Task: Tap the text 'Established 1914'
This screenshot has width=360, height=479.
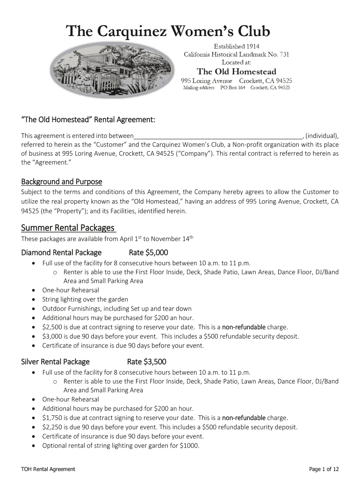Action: click(x=237, y=46)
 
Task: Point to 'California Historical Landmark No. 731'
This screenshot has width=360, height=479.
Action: click(x=237, y=54)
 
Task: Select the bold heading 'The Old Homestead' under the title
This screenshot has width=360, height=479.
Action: click(x=237, y=72)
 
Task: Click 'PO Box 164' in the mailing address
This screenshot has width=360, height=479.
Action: click(x=232, y=87)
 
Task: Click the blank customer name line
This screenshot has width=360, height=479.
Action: click(x=218, y=136)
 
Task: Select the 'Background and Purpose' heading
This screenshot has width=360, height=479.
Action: click(x=62, y=181)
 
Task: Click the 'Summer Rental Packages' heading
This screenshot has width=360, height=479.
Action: click(x=68, y=228)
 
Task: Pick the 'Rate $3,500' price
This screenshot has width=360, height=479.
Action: click(x=146, y=362)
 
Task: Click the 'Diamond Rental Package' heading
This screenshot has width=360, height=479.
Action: click(x=61, y=253)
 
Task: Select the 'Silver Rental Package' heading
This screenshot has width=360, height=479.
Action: click(x=56, y=362)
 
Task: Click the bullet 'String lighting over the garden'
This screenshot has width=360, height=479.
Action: click(x=85, y=299)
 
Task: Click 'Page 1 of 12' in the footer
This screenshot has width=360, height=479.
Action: click(x=324, y=469)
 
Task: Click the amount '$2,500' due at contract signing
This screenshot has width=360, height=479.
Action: click(x=51, y=327)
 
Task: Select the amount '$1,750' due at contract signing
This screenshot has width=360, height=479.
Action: click(x=51, y=418)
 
